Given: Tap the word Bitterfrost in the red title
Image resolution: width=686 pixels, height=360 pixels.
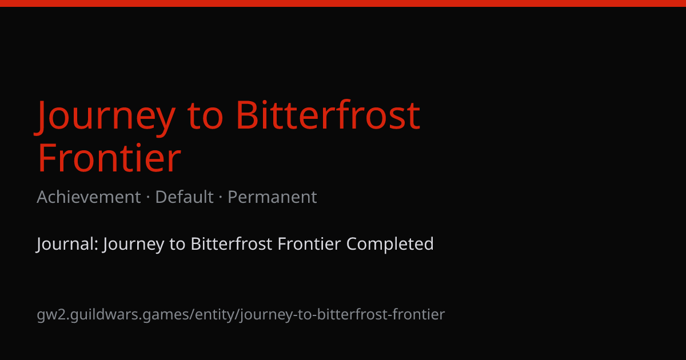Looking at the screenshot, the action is click(328, 115).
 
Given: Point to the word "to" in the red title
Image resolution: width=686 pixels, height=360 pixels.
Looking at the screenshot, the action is click(205, 118).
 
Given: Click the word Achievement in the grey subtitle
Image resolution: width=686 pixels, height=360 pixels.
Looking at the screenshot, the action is click(89, 197).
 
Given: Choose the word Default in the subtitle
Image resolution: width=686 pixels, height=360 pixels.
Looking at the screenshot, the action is click(184, 197).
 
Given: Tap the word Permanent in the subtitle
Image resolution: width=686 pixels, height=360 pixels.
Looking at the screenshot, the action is click(272, 197).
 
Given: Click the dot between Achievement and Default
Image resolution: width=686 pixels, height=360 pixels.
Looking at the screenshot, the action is click(148, 197).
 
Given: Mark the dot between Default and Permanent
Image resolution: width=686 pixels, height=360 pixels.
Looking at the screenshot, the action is click(221, 197).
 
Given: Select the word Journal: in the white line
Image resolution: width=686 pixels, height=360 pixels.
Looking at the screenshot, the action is click(67, 244).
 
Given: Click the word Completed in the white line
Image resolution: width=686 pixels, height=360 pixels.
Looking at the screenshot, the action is click(390, 245).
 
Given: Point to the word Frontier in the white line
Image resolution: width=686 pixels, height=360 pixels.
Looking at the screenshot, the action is click(309, 243).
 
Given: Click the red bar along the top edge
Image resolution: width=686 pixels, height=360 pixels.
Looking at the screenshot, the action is click(343, 3).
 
